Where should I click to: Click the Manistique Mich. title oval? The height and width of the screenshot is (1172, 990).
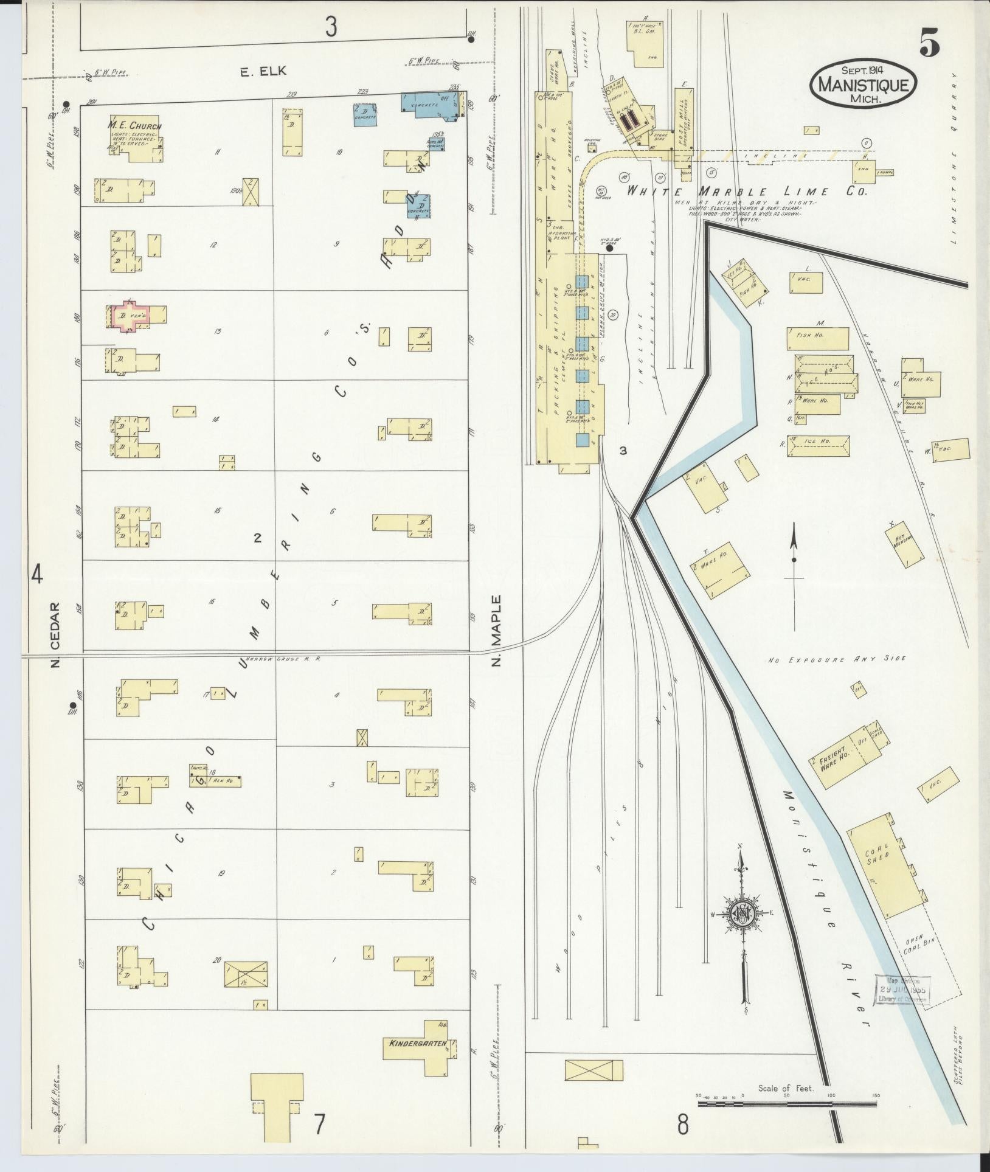click(863, 84)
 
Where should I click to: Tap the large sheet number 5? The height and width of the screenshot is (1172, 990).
click(929, 43)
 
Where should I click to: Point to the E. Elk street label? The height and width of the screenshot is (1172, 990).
click(263, 72)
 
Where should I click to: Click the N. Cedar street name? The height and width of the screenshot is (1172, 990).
click(55, 634)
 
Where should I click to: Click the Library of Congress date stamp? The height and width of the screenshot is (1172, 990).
click(904, 990)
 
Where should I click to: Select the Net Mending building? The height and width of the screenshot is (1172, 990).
click(905, 543)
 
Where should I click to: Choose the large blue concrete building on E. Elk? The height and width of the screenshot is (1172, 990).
click(432, 103)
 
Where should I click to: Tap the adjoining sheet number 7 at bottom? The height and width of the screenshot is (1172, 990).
click(319, 1125)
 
